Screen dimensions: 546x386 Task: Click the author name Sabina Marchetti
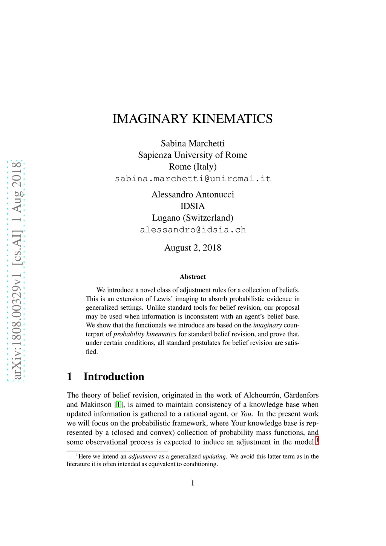click(193, 143)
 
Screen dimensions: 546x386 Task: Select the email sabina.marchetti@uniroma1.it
click(193, 179)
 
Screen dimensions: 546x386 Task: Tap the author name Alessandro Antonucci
click(193, 194)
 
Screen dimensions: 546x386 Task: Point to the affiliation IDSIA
click(193, 206)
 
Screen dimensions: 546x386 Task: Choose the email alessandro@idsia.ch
click(193, 230)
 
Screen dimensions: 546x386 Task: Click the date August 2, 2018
click(193, 248)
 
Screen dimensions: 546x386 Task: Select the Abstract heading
click(193, 277)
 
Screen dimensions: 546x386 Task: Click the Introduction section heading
click(113, 376)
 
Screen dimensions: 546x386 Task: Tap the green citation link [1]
click(118, 405)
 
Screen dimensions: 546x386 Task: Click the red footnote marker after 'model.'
click(317, 440)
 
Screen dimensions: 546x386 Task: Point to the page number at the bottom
click(193, 483)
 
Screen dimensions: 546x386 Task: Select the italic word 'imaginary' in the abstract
click(267, 325)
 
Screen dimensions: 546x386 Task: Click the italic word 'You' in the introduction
click(246, 414)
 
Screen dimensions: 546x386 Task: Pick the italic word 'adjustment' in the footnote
click(142, 456)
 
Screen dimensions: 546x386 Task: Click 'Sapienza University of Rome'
click(193, 155)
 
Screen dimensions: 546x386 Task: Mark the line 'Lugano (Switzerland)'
click(193, 218)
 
